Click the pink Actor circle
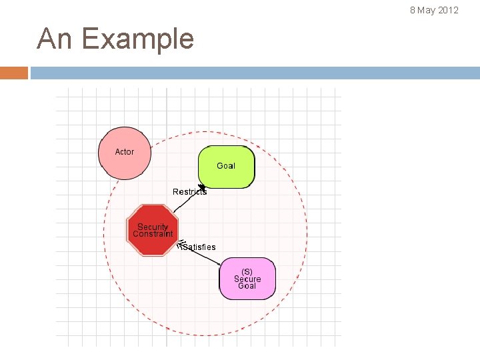pos(125,153)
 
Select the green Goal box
pos(227,167)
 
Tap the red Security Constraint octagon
pos(153,230)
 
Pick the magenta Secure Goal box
pos(247,279)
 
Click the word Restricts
pos(189,192)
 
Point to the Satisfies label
pos(199,247)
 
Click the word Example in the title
pos(138,39)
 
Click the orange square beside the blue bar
pos(14,73)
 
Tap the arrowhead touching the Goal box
pos(202,187)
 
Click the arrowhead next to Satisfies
pos(180,245)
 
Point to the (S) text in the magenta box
pos(247,271)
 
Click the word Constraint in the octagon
pos(153,234)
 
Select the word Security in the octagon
pos(153,227)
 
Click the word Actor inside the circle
pos(125,152)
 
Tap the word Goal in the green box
pos(226,166)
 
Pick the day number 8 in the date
pos(413,10)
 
